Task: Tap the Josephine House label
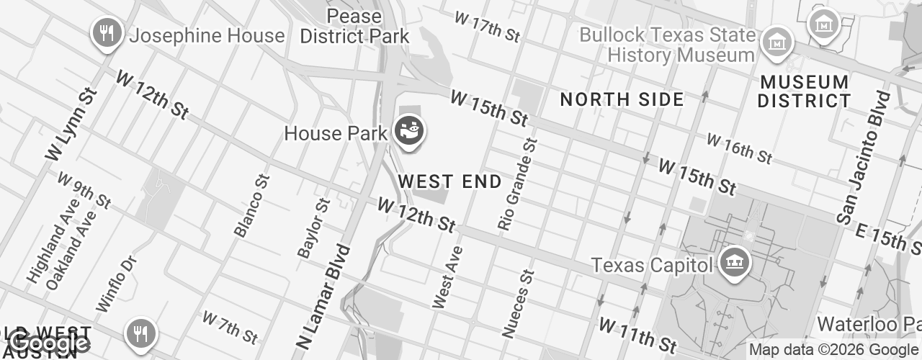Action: point(207,35)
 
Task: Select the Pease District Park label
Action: point(354,26)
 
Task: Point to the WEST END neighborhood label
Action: point(449,181)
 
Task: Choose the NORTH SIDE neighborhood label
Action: point(622,100)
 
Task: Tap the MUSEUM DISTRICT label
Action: point(804,91)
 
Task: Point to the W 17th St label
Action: point(486,27)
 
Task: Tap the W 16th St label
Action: point(738,148)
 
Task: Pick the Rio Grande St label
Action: point(518,185)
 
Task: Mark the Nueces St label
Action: point(519,304)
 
